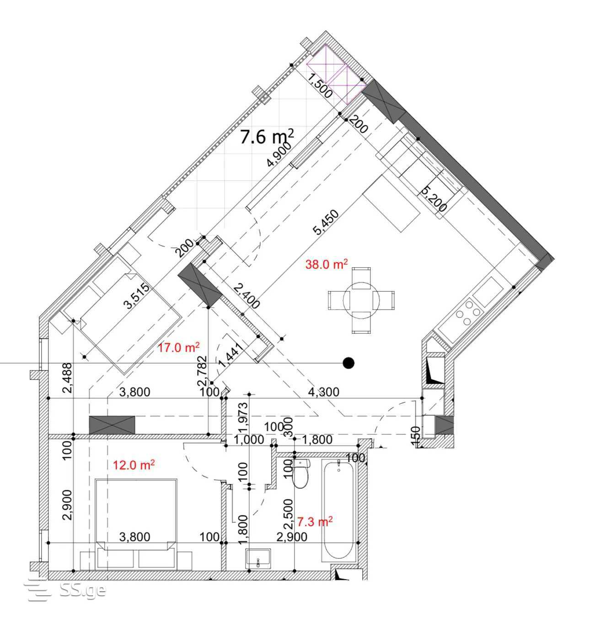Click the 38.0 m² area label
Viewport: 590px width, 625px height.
(x=327, y=264)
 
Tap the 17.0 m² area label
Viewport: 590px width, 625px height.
(x=178, y=347)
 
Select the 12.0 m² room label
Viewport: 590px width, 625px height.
(x=134, y=465)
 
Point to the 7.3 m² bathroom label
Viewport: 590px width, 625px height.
(x=315, y=522)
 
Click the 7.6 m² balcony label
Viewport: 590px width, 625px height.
(x=267, y=137)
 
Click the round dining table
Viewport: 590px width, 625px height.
(x=361, y=300)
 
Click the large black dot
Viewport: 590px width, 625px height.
(x=348, y=363)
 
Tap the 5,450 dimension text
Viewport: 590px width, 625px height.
(x=326, y=223)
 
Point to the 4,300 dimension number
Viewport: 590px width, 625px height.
(x=324, y=392)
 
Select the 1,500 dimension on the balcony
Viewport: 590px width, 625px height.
(x=320, y=85)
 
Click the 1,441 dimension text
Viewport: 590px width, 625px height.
(x=231, y=355)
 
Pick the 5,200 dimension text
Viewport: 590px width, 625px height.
(x=434, y=198)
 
